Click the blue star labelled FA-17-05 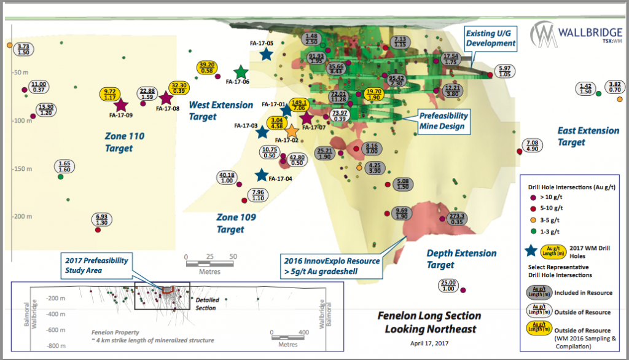click(x=266, y=54)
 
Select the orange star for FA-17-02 click(x=292, y=131)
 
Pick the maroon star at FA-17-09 click(x=120, y=106)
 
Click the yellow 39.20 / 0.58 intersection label click(x=207, y=68)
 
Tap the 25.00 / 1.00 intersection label click(x=448, y=286)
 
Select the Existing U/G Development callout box click(x=490, y=38)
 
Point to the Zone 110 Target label click(x=124, y=142)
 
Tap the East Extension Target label click(x=588, y=136)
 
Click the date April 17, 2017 click(x=428, y=344)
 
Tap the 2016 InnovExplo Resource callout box click(x=331, y=264)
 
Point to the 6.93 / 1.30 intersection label click(x=102, y=220)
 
